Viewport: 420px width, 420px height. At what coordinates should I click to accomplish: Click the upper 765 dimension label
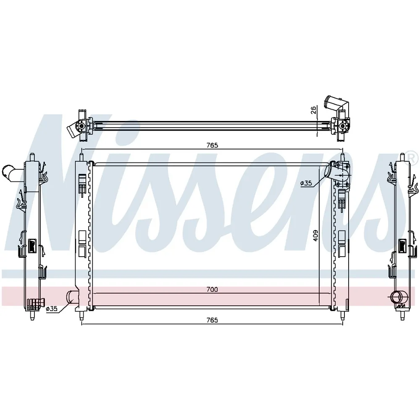[212, 145]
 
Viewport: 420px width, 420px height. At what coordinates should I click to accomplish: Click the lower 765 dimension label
[212, 320]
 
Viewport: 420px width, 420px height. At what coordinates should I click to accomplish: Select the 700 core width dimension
[212, 289]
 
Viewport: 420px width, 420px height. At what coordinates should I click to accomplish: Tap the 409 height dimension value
[315, 236]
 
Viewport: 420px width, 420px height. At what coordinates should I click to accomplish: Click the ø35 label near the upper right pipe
[306, 183]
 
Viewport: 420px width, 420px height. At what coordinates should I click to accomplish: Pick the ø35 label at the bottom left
[52, 309]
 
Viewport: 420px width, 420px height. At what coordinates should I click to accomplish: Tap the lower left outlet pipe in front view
[72, 297]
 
